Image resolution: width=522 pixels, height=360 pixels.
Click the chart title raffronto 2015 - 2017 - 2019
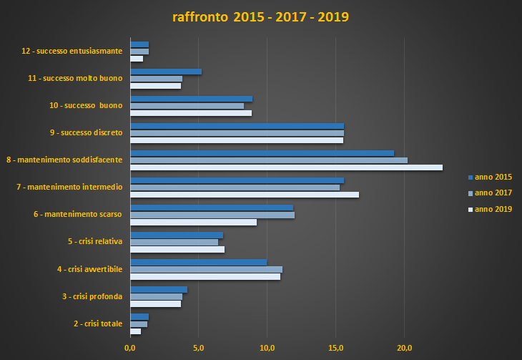point(260,16)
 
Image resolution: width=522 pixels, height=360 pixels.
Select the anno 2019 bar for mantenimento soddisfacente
point(286,167)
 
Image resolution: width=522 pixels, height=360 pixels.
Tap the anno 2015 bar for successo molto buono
point(166,72)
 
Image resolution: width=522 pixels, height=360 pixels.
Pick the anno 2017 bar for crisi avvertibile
point(206,269)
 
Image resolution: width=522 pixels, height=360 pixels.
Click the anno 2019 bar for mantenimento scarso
point(193,222)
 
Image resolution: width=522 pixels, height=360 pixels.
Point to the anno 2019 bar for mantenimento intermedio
point(245,195)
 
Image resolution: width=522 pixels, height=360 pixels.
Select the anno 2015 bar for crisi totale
point(139,316)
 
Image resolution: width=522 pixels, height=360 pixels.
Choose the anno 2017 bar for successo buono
point(187,106)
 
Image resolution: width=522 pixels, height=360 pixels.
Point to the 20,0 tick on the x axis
point(405,349)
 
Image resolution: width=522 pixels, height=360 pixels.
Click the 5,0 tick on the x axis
point(198,349)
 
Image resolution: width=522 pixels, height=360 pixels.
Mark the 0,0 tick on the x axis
point(130,349)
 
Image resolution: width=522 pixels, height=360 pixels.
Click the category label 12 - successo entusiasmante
point(72,51)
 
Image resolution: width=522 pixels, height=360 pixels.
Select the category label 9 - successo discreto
point(82,132)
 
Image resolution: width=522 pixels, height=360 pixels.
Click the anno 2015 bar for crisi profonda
point(159,289)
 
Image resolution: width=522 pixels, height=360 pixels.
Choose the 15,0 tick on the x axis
point(336,349)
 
